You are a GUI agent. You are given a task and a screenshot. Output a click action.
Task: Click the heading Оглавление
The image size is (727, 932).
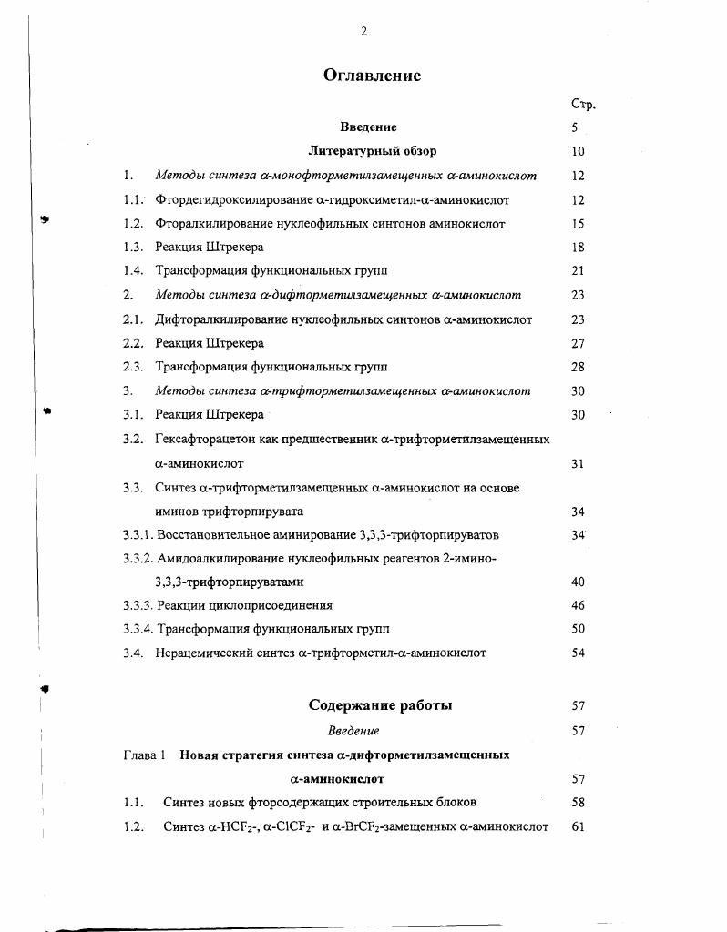372,76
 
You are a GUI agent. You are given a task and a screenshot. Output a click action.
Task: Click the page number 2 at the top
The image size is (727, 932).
363,31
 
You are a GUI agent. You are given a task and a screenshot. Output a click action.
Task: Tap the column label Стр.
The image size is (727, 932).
583,104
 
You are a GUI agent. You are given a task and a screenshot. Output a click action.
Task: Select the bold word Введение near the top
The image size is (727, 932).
368,127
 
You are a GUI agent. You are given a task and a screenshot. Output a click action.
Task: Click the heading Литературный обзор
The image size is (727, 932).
372,151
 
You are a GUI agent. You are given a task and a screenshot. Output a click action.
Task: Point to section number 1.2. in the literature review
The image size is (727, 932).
134,223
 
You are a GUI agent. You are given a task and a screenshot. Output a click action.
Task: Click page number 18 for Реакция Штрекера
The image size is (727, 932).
578,248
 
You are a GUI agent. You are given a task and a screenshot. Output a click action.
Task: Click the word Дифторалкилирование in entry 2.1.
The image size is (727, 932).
217,319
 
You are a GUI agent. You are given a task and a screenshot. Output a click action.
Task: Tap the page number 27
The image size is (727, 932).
578,343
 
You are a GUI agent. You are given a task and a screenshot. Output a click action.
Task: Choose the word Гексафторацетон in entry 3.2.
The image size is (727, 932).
200,440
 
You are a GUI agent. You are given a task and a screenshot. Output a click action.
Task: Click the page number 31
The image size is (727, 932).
578,463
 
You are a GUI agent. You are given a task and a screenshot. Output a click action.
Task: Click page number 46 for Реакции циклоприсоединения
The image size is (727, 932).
578,605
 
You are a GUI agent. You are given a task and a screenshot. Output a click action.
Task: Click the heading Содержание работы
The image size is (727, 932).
380,705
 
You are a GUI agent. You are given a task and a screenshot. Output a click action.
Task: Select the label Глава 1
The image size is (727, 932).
144,755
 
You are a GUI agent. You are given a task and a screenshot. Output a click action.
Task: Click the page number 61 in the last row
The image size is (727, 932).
578,827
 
